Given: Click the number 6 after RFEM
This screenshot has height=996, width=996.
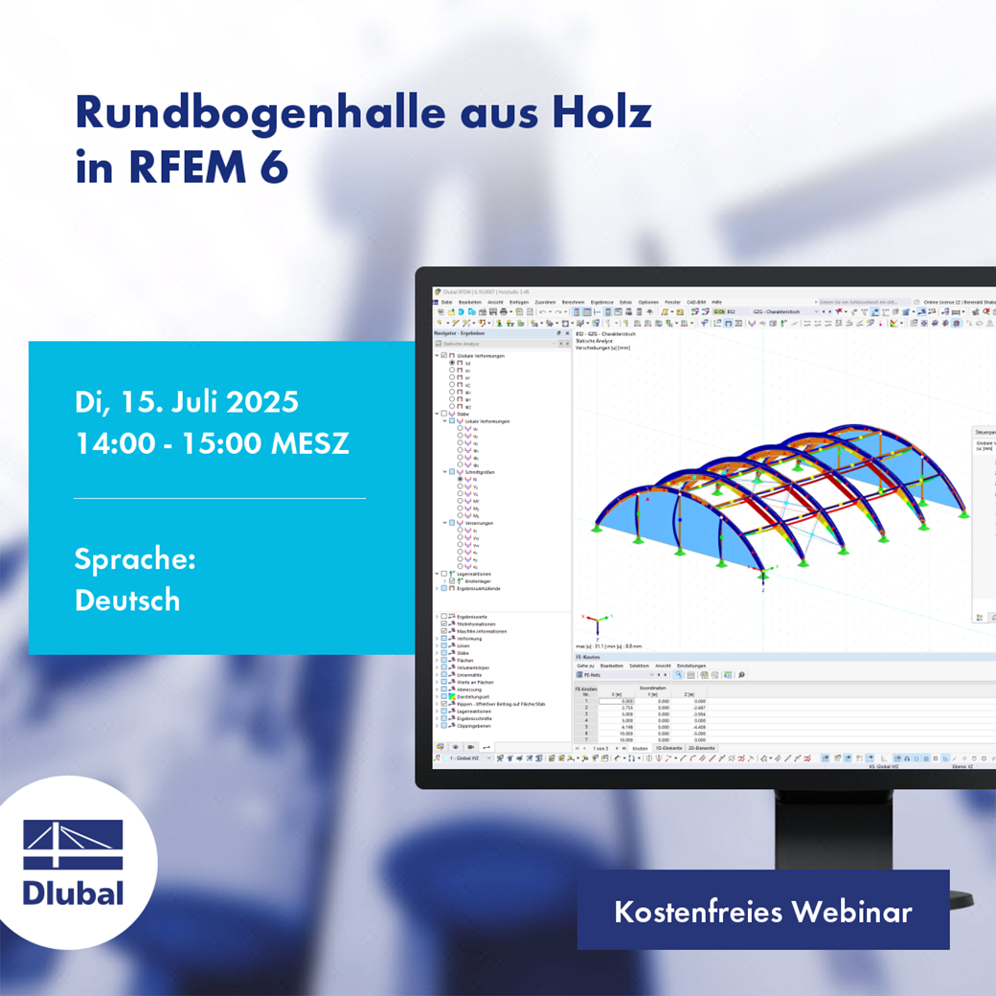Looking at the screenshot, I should pyautogui.click(x=275, y=167).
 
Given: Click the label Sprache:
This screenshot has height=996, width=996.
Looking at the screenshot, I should pyautogui.click(x=135, y=559).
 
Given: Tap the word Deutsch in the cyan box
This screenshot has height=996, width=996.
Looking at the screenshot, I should pyautogui.click(x=127, y=600).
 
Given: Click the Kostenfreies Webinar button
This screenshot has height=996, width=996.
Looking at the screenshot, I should pyautogui.click(x=762, y=911).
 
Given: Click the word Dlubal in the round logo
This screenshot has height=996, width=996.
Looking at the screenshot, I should pyautogui.click(x=74, y=893).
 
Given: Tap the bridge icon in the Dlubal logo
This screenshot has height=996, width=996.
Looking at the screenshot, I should pyautogui.click(x=74, y=845).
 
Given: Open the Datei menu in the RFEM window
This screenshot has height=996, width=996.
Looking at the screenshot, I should pyautogui.click(x=446, y=302).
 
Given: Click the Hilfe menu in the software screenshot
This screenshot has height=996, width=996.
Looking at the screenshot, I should pyautogui.click(x=716, y=302).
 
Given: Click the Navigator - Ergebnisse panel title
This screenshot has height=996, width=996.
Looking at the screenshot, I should pyautogui.click(x=460, y=333).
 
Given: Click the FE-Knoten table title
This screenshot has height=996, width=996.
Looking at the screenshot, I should pyautogui.click(x=586, y=658).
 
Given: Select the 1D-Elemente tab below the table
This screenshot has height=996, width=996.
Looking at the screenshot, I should pyautogui.click(x=668, y=748).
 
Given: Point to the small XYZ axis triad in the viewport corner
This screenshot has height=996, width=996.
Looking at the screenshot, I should pyautogui.click(x=598, y=624).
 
